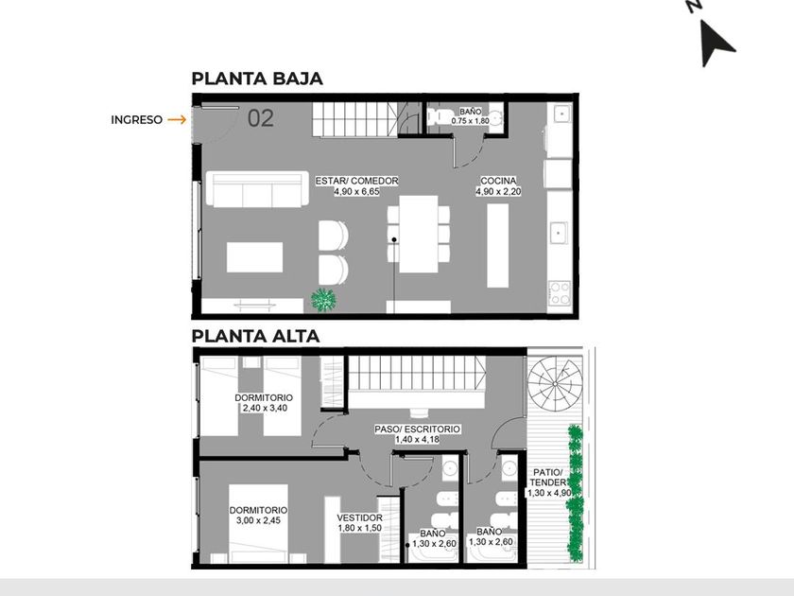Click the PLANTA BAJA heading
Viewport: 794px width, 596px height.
coord(257,79)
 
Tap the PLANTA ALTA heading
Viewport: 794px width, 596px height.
coord(256,336)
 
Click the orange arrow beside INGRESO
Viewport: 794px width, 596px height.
coord(178,119)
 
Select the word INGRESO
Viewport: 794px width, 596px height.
coord(137,120)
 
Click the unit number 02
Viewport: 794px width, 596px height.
coord(261,118)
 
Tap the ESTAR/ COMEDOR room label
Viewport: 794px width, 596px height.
coord(356,181)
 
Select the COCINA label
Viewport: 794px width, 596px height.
coord(498,181)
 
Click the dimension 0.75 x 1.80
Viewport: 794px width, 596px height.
coord(471,121)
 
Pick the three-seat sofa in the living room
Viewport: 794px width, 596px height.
coord(257,188)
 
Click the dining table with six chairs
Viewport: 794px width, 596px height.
coord(418,235)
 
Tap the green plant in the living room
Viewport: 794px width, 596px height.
coord(323,299)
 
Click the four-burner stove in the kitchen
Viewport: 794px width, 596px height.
coord(560,293)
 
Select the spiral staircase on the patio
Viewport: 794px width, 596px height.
coord(555,384)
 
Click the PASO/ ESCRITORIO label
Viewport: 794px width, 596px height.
coord(417,429)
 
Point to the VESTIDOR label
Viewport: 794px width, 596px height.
coord(360,518)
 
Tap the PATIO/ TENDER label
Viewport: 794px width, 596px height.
coord(548,478)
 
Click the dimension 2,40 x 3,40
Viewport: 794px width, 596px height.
coord(265,408)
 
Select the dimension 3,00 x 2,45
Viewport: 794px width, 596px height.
coord(258,520)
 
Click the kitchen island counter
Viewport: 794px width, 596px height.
coord(498,245)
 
